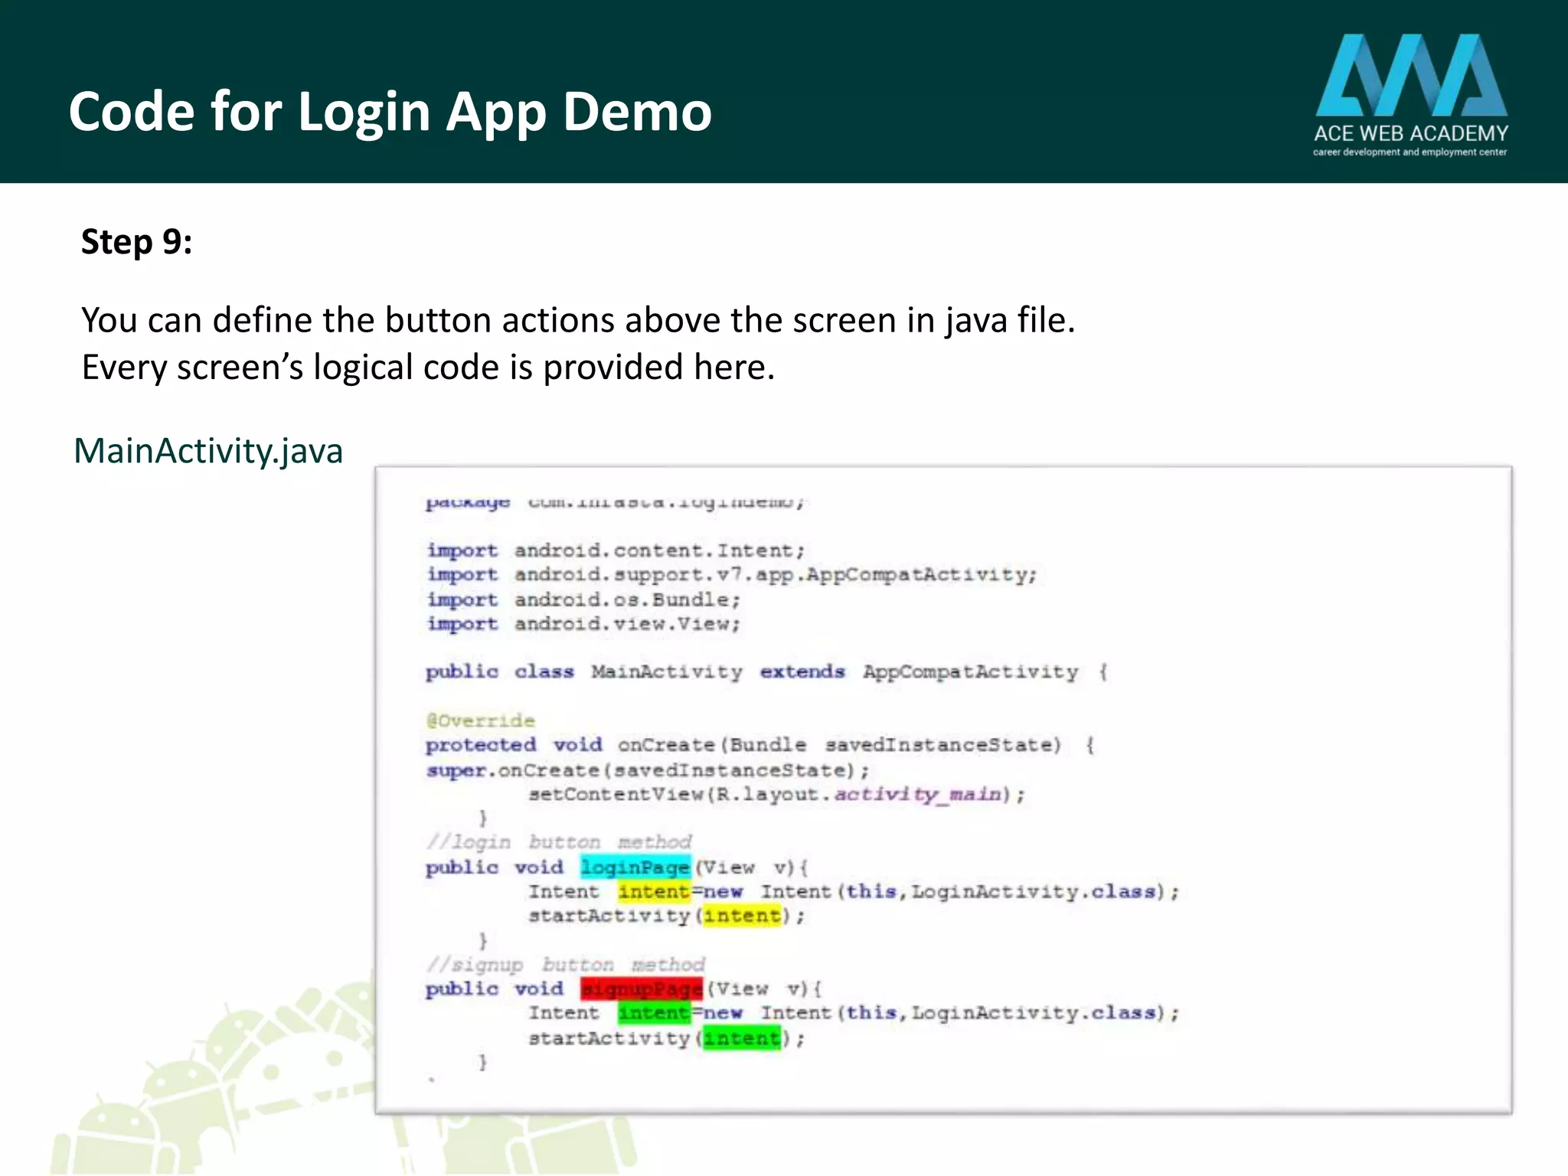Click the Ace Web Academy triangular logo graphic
pyautogui.click(x=1411, y=75)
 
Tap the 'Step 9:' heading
pyautogui.click(x=137, y=242)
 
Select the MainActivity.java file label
pyautogui.click(x=208, y=450)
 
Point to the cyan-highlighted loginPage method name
pyautogui.click(x=635, y=867)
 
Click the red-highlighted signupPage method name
pyautogui.click(x=642, y=988)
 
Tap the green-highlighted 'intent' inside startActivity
pyautogui.click(x=742, y=1038)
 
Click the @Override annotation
pyautogui.click(x=481, y=720)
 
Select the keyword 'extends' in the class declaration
pyautogui.click(x=802, y=671)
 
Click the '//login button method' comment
pyautogui.click(x=559, y=842)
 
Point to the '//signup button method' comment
pyautogui.click(x=565, y=964)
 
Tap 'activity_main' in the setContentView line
pyautogui.click(x=917, y=794)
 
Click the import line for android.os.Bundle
pyautogui.click(x=583, y=599)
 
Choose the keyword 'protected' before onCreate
pyautogui.click(x=481, y=745)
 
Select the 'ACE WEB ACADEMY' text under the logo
pyautogui.click(x=1411, y=133)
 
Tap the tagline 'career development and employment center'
pyautogui.click(x=1410, y=152)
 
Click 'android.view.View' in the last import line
pyautogui.click(x=626, y=624)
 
